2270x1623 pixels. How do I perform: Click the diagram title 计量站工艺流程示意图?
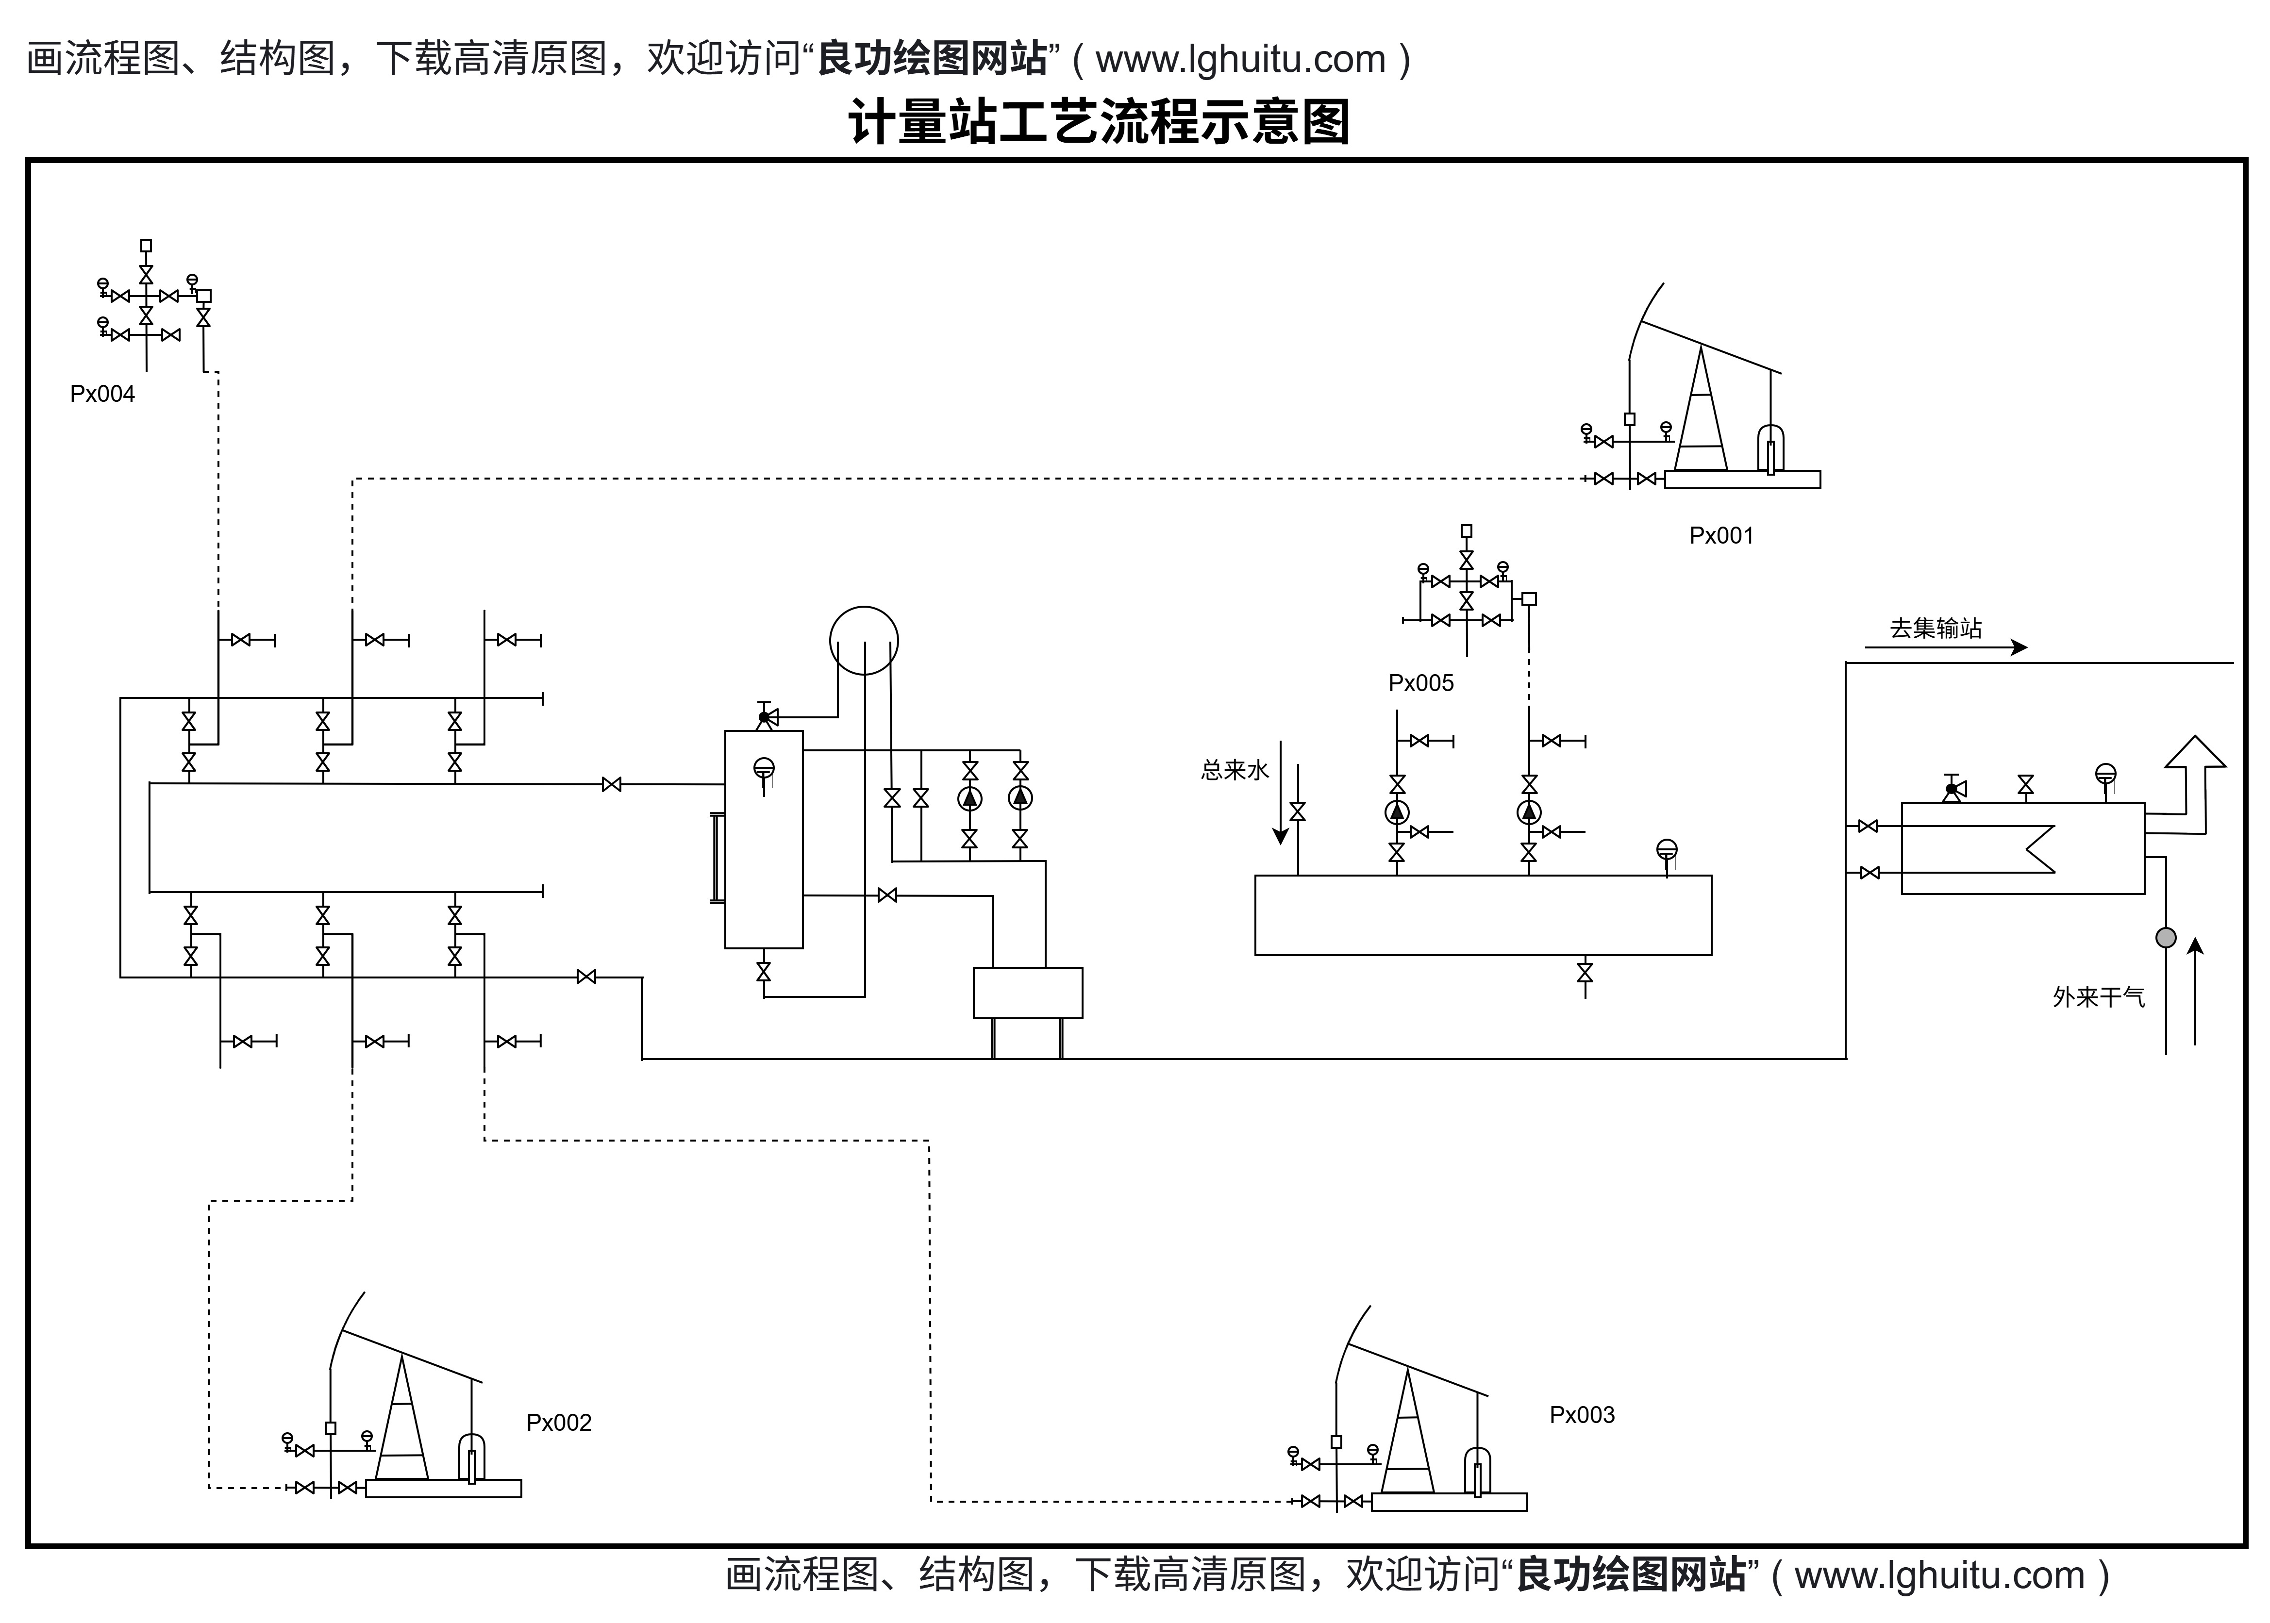click(1099, 122)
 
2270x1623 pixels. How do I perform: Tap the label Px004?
click(102, 394)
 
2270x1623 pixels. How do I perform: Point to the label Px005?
click(1420, 683)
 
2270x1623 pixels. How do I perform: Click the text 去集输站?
click(1935, 629)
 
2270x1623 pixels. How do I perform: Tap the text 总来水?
click(1235, 771)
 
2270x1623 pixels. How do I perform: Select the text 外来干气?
click(2098, 997)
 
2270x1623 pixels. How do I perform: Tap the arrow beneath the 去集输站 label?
click(1945, 647)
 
